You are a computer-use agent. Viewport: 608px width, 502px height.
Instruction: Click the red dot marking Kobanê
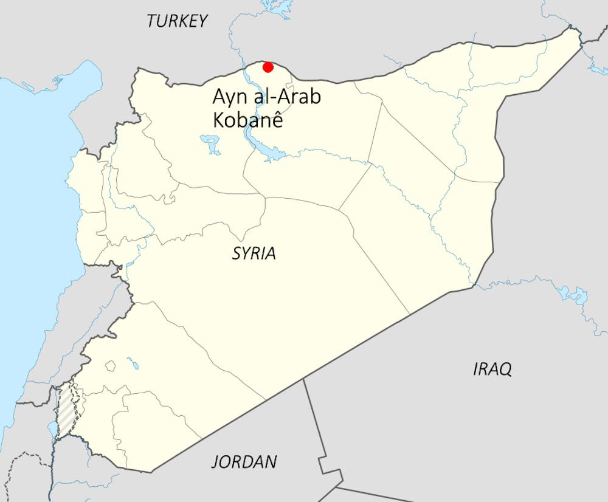pos(267,67)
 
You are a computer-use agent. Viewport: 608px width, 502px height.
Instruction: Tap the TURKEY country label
pos(178,21)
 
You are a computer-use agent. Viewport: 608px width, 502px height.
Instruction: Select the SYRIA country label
pos(254,253)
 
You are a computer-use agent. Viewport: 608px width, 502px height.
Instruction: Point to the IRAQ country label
pos(492,368)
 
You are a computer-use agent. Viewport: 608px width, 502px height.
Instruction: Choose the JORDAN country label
pos(244,462)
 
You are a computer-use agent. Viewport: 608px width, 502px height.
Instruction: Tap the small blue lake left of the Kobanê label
pos(210,145)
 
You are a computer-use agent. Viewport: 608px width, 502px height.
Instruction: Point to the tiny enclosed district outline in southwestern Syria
pos(110,366)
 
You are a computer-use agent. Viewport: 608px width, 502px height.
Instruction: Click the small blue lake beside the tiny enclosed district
pos(132,364)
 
